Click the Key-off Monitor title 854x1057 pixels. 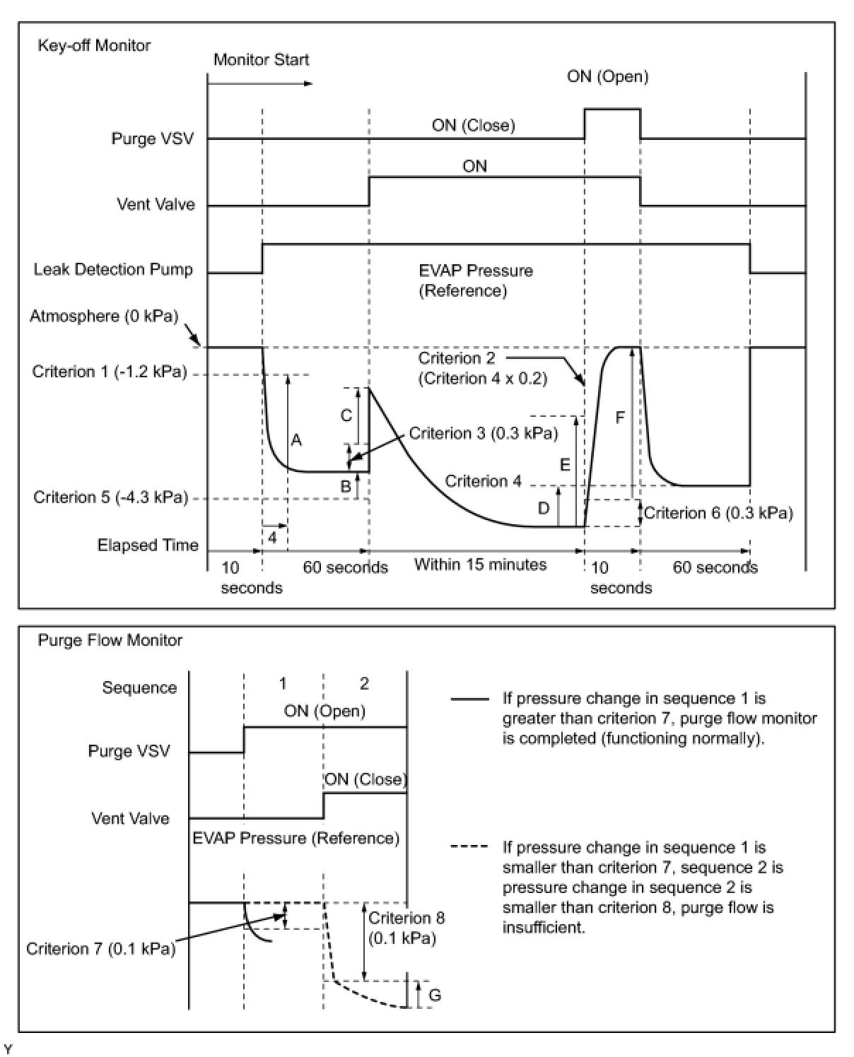pyautogui.click(x=94, y=45)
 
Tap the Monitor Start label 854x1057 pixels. pyautogui.click(x=261, y=59)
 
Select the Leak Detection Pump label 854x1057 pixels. pyautogui.click(x=113, y=269)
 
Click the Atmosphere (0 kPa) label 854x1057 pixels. pyautogui.click(x=104, y=316)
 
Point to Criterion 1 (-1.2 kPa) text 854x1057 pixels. pyautogui.click(x=110, y=372)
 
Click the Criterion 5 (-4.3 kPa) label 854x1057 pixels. pyautogui.click(x=111, y=497)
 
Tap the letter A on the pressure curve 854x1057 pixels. pyautogui.click(x=296, y=440)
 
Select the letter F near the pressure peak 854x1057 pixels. pyautogui.click(x=620, y=418)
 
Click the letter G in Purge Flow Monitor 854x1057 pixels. pyautogui.click(x=435, y=995)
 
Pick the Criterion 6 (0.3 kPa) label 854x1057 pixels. pyautogui.click(x=718, y=513)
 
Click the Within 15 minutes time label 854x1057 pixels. pyautogui.click(x=480, y=565)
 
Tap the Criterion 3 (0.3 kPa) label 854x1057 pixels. pyautogui.click(x=484, y=433)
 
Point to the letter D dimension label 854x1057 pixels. pyautogui.click(x=543, y=507)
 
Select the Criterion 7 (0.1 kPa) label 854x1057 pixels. pyautogui.click(x=100, y=948)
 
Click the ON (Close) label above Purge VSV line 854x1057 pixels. pyautogui.click(x=473, y=125)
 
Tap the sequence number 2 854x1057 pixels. pyautogui.click(x=364, y=683)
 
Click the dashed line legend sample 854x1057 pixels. pyautogui.click(x=469, y=847)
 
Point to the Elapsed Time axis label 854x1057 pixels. pyautogui.click(x=148, y=545)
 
